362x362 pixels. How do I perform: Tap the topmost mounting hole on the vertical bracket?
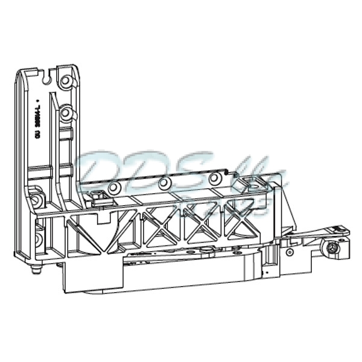point(65,78)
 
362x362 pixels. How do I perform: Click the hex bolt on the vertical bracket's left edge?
point(37,199)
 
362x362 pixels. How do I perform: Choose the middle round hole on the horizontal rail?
point(162,183)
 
